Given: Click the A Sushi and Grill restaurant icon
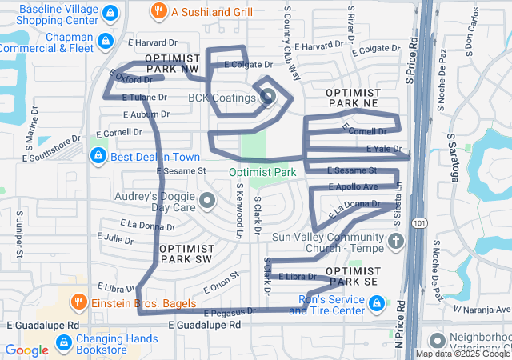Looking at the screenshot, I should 159,12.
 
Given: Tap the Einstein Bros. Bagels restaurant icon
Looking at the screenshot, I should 78,302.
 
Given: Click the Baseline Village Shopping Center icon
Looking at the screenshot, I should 111,13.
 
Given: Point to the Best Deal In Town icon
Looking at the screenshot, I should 98,156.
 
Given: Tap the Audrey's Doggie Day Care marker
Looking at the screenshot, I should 208,201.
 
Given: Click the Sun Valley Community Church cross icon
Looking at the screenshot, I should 394,241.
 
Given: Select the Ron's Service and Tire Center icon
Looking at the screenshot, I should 377,304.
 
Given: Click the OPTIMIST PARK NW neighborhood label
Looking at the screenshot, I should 170,64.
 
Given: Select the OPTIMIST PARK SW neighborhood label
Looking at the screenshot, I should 185,254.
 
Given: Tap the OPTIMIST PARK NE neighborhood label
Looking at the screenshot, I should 352,99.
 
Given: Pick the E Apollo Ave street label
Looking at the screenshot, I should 354,186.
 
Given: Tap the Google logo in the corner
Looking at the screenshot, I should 27,350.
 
